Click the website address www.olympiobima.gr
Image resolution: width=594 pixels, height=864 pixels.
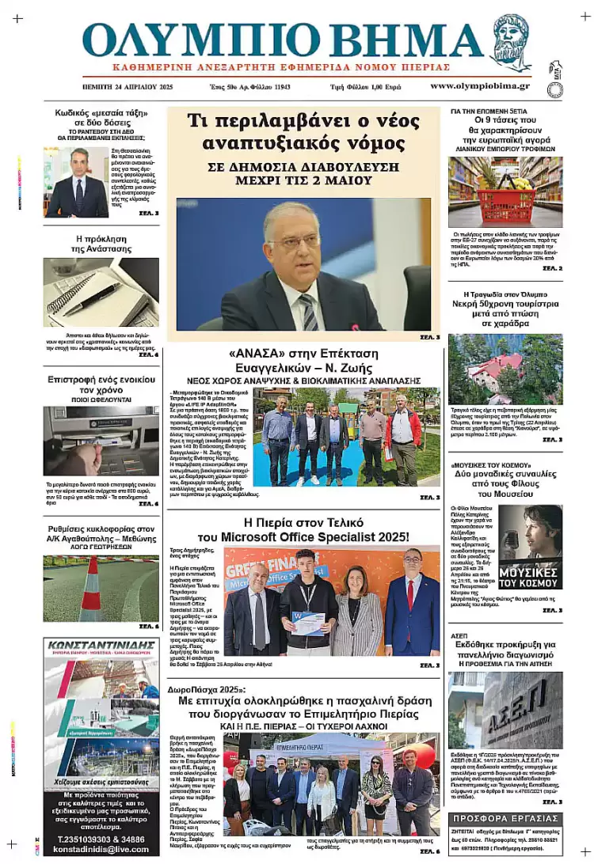click(x=480, y=85)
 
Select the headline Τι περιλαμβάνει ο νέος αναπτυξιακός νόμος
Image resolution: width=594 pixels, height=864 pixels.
click(x=303, y=132)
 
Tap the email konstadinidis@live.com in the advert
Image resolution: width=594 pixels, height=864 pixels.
click(x=101, y=848)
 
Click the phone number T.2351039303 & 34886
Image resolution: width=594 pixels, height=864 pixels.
click(x=101, y=837)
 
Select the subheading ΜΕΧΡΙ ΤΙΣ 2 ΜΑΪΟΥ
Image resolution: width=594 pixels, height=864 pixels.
click(x=303, y=180)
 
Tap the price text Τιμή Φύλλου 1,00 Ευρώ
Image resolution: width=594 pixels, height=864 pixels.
click(x=368, y=86)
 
